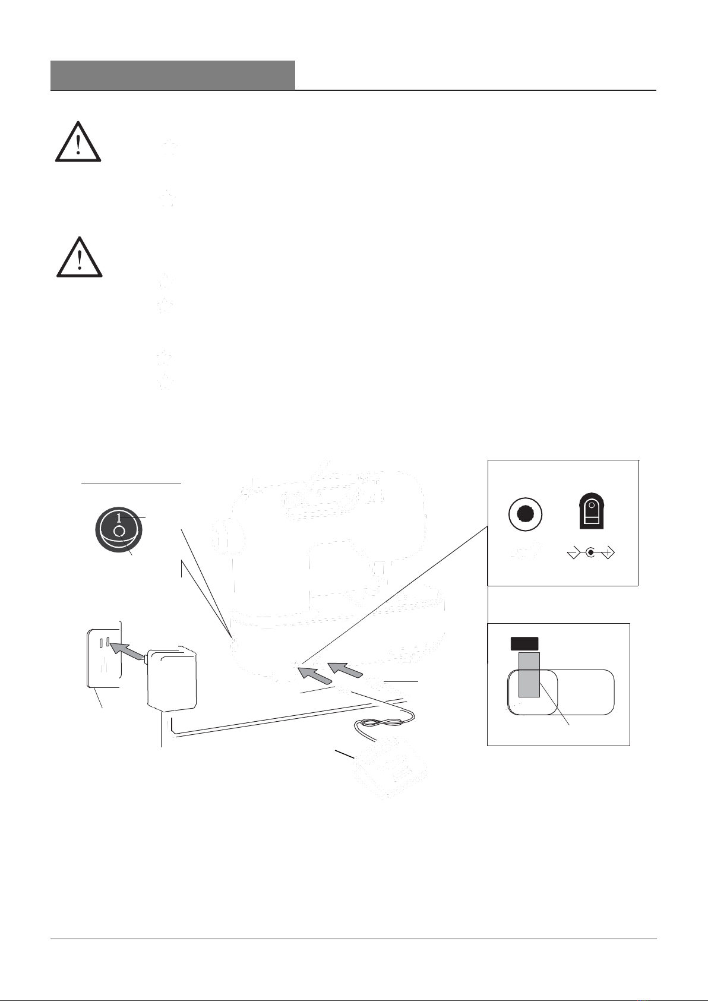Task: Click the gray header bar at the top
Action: (172, 75)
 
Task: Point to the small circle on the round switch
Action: (119, 530)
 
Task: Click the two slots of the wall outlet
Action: (105, 643)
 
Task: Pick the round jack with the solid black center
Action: (526, 514)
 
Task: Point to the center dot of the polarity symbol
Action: (590, 554)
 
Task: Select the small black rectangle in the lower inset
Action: (524, 643)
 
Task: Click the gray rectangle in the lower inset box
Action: (529, 674)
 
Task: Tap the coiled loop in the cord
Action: (380, 723)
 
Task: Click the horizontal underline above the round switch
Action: (131, 484)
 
